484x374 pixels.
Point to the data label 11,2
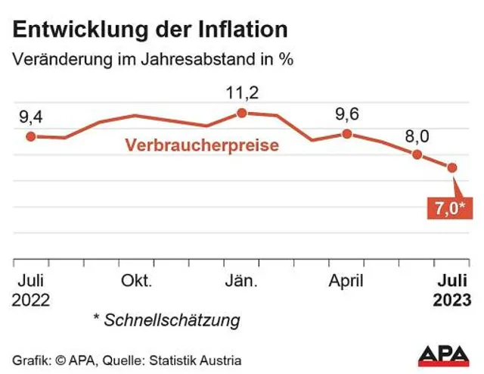click(242, 93)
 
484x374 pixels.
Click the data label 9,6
click(346, 114)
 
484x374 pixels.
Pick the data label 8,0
click(417, 136)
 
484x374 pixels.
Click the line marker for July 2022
click(31, 136)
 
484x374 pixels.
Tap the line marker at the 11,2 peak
click(242, 113)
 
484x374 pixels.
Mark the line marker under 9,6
click(346, 133)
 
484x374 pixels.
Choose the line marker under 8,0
click(417, 154)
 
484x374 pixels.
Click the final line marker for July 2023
click(452, 167)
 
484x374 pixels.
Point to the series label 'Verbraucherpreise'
click(202, 145)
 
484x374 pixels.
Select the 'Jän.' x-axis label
click(242, 281)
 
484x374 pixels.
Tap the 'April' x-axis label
click(346, 281)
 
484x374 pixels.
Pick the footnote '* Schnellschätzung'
click(166, 320)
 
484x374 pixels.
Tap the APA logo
click(444, 357)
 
